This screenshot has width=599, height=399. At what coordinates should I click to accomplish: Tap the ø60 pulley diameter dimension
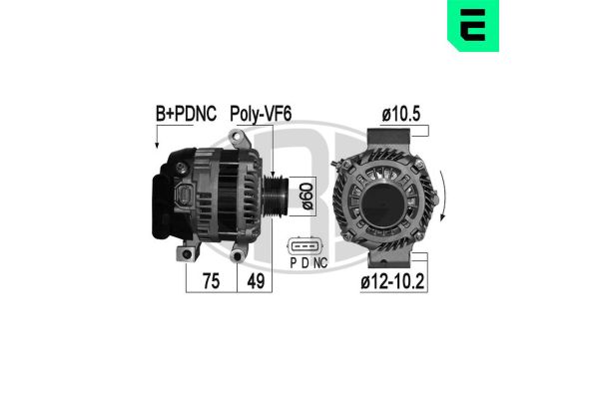pyautogui.click(x=307, y=192)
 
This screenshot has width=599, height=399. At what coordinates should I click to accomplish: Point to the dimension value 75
pyautogui.click(x=212, y=282)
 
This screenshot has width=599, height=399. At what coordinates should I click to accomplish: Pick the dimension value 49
pyautogui.click(x=257, y=282)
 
